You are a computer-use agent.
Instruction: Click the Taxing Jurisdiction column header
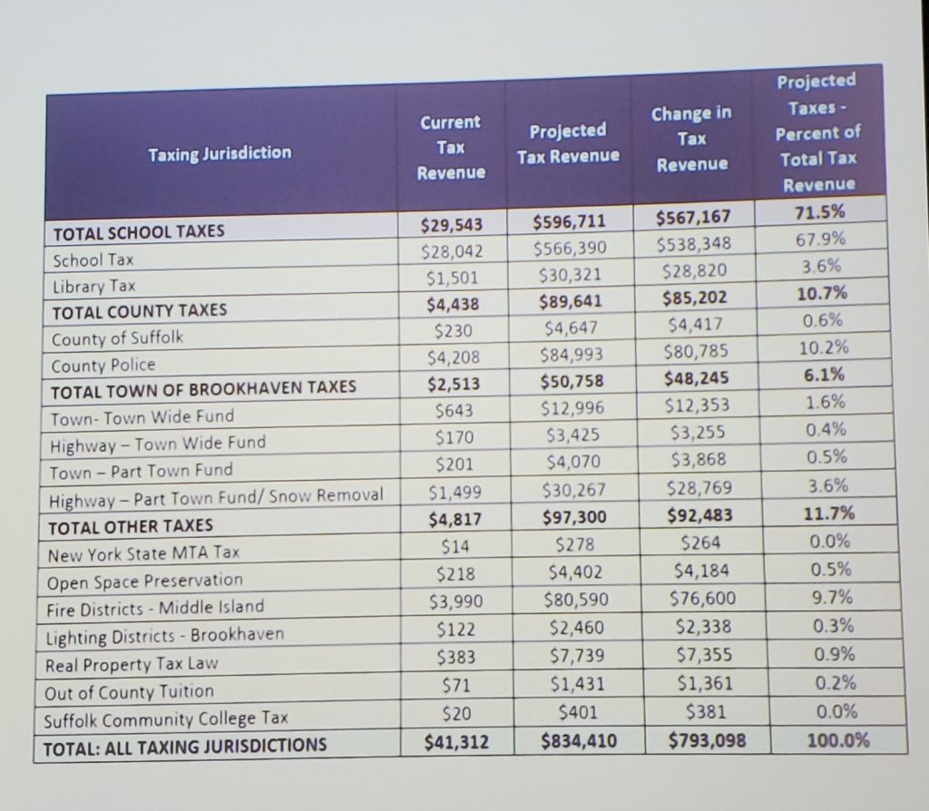pyautogui.click(x=220, y=152)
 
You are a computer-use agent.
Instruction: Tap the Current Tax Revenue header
pyautogui.click(x=450, y=147)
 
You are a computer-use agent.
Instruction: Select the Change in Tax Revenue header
pyautogui.click(x=691, y=138)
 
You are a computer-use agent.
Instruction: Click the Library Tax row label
pyautogui.click(x=94, y=285)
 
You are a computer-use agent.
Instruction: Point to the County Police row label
pyautogui.click(x=104, y=364)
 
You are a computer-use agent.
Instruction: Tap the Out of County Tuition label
pyautogui.click(x=131, y=691)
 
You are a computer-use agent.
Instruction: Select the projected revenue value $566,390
pyautogui.click(x=569, y=249)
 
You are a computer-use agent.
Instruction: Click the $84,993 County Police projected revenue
pyautogui.click(x=570, y=354)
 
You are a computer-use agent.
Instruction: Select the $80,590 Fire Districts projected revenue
pyautogui.click(x=574, y=600)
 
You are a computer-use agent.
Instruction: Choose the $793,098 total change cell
pyautogui.click(x=706, y=740)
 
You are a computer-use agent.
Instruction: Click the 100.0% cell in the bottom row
pyautogui.click(x=836, y=739)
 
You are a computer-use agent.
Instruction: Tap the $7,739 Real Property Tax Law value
pyautogui.click(x=577, y=655)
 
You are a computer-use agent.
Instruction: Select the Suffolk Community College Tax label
pyautogui.click(x=168, y=718)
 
